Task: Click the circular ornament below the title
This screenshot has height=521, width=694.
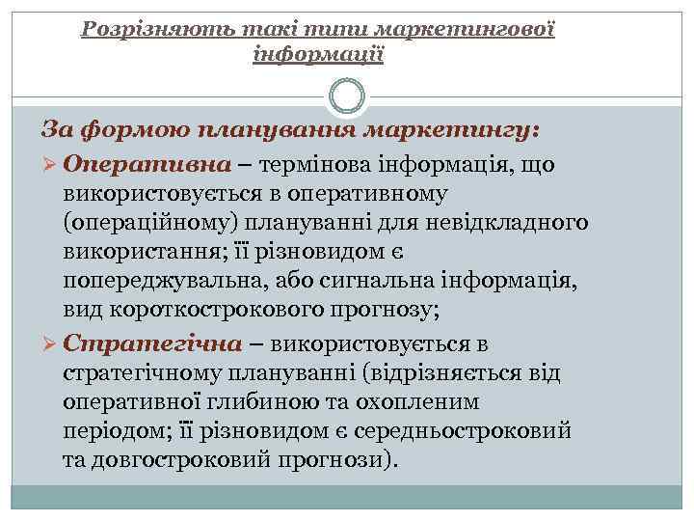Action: [x=347, y=96]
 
